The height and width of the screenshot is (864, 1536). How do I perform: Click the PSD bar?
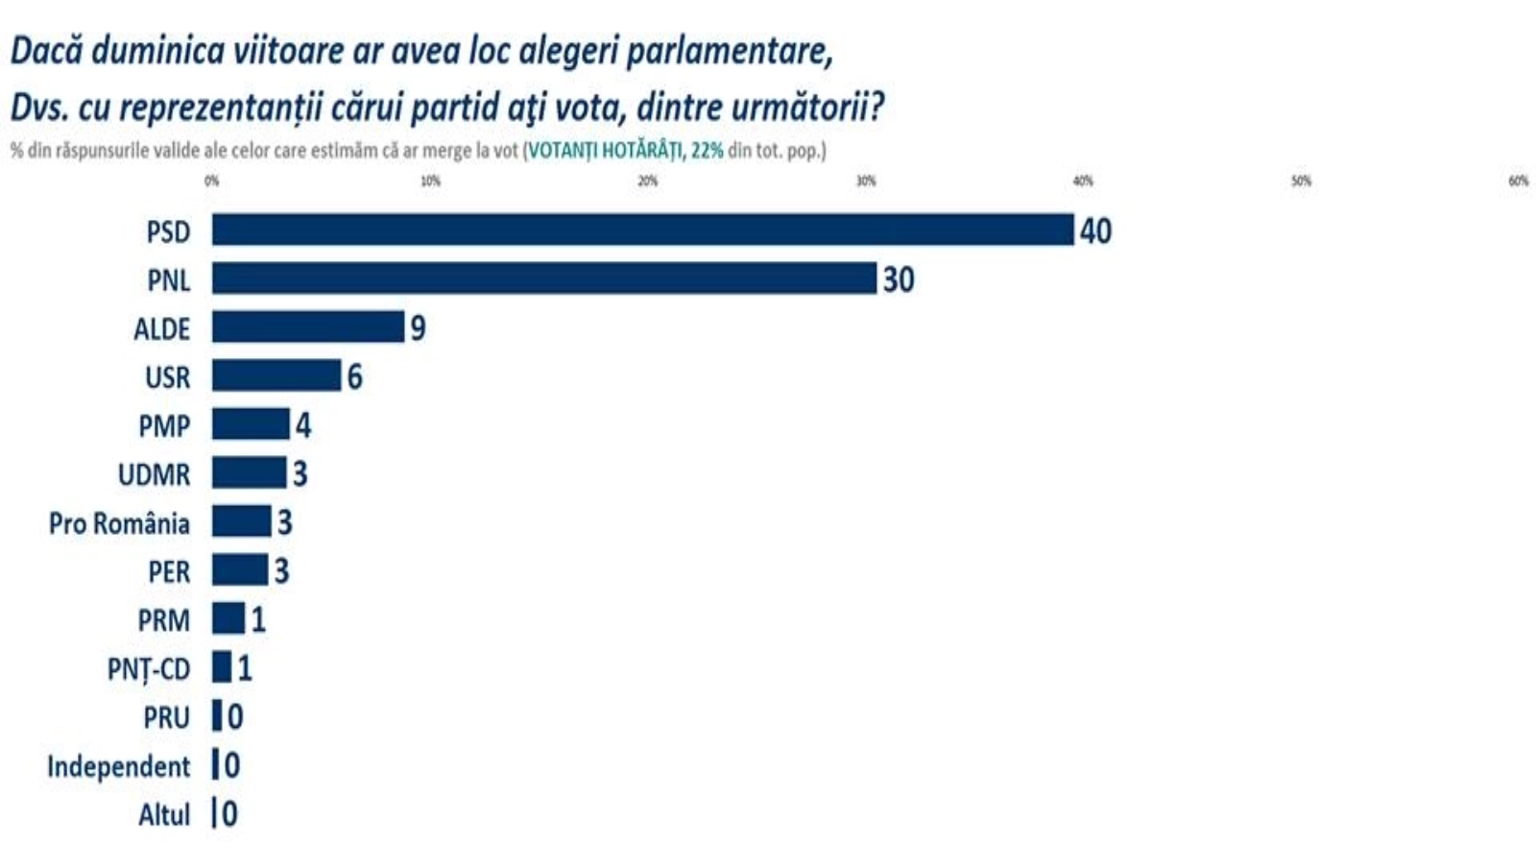(x=642, y=230)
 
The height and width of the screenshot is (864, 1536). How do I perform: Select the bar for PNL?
(x=544, y=278)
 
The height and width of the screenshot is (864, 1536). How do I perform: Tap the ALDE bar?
(x=308, y=327)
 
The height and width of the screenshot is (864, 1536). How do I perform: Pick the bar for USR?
(x=276, y=376)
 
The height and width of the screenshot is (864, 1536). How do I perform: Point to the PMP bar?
(x=251, y=424)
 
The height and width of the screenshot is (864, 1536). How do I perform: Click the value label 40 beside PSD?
(x=1095, y=231)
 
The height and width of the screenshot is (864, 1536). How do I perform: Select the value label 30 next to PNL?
(x=899, y=279)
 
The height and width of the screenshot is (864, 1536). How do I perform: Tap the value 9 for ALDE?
(x=418, y=328)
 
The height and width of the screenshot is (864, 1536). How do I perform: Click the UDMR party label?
(x=154, y=474)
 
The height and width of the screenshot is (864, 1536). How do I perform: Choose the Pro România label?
(x=119, y=523)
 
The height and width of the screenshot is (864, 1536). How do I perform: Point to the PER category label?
(x=169, y=572)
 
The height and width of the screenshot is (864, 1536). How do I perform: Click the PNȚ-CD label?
(x=149, y=669)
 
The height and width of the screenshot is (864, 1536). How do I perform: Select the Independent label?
(x=119, y=766)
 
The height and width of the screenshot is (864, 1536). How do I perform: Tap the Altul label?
(x=164, y=815)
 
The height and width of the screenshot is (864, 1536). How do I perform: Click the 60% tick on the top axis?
(x=1518, y=180)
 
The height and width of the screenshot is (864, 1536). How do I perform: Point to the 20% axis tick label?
(x=648, y=180)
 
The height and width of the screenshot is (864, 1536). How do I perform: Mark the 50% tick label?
(x=1301, y=180)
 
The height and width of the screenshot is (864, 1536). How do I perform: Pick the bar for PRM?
(x=228, y=619)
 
